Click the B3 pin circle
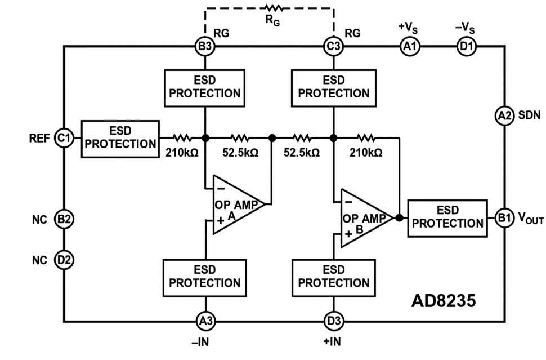point(205,47)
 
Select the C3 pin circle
point(333,47)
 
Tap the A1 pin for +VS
point(409,47)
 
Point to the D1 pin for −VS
point(466,47)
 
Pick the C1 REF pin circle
point(64,137)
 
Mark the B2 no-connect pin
point(64,219)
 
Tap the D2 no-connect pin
point(64,260)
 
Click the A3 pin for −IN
point(205,321)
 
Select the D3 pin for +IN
point(333,321)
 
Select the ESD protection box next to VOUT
point(447,217)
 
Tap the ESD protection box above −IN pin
point(205,277)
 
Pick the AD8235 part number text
point(444,300)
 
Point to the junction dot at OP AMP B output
point(399,217)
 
